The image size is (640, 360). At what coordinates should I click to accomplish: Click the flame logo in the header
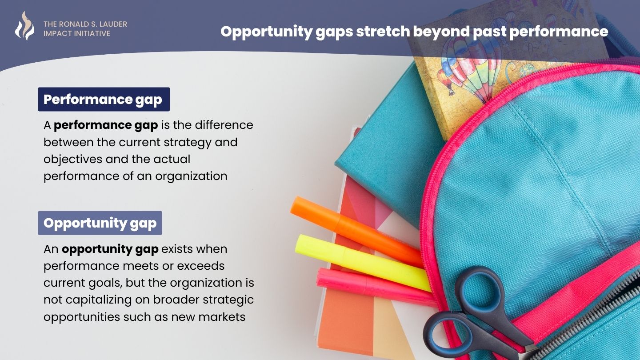pyautogui.click(x=24, y=26)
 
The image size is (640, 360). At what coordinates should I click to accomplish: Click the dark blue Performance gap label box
pyautogui.click(x=104, y=99)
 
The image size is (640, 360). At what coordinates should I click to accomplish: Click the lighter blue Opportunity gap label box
pyautogui.click(x=100, y=223)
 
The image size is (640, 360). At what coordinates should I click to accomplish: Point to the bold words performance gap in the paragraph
pyautogui.click(x=106, y=126)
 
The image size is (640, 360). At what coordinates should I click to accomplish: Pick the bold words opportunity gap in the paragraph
pyautogui.click(x=110, y=249)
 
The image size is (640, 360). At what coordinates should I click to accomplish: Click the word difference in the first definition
pyautogui.click(x=224, y=125)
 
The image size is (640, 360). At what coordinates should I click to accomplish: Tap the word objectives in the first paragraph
pyautogui.click(x=73, y=159)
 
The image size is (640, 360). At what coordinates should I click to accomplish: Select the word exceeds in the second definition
pyautogui.click(x=200, y=266)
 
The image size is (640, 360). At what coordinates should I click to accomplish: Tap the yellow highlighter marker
pyautogui.click(x=363, y=263)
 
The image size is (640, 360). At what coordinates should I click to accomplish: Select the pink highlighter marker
pyautogui.click(x=374, y=286)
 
